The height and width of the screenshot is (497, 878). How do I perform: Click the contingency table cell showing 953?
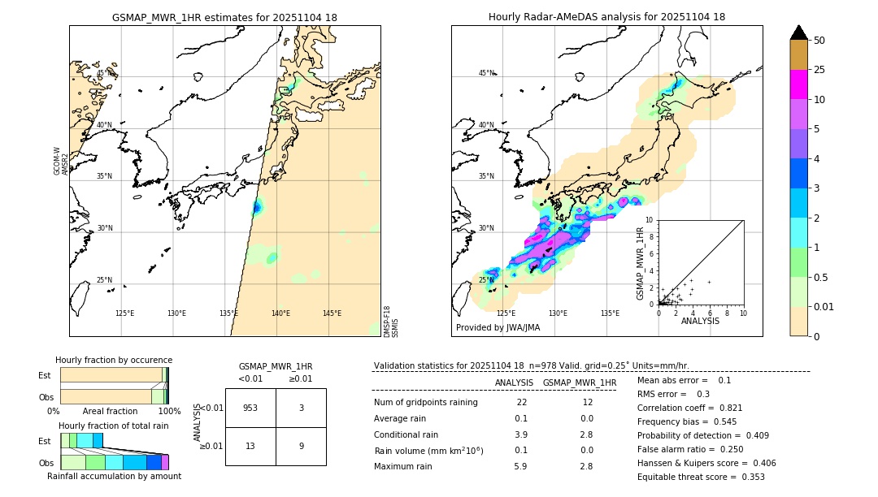tap(250, 408)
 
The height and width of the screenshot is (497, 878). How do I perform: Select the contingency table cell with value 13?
tap(250, 445)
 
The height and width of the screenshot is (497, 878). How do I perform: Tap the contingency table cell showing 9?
tap(301, 445)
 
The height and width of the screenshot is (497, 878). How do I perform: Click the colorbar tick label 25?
tap(819, 70)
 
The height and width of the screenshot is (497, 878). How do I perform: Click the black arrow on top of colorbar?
tap(799, 32)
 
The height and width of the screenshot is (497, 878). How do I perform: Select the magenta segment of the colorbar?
tap(799, 84)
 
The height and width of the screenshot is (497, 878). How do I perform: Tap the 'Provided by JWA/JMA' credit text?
tap(498, 327)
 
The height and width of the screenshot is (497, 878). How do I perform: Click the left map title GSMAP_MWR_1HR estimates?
tap(224, 17)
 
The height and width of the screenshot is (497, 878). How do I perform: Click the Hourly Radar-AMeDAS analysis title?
tap(606, 17)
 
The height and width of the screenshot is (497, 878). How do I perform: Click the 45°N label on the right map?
tap(486, 73)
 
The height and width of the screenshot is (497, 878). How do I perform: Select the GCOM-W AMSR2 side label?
tap(61, 161)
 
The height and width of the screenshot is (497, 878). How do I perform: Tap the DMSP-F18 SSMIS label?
tap(391, 322)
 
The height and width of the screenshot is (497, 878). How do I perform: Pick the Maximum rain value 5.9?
tap(520, 466)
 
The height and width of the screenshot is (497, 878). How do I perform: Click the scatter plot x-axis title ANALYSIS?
tap(700, 321)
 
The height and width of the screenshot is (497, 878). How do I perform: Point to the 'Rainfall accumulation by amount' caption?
tap(114, 476)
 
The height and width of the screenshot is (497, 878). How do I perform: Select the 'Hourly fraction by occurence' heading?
tap(114, 360)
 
